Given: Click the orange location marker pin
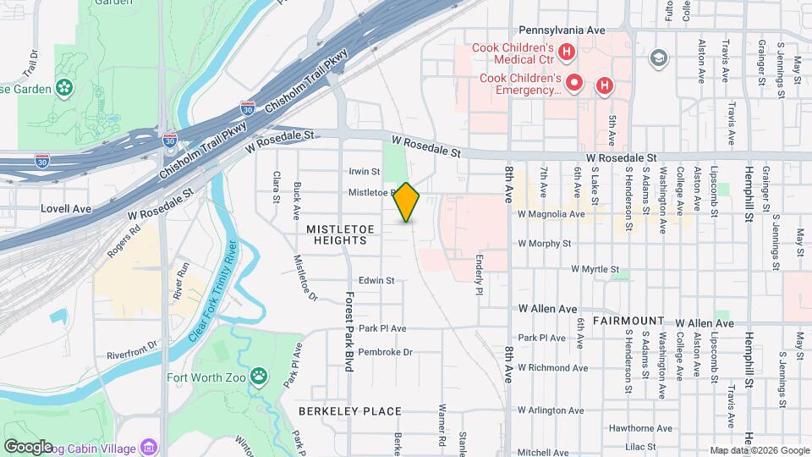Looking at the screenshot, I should pos(407,202).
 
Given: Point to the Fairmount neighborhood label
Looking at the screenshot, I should pos(628,322).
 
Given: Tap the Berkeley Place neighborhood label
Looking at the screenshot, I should pos(349,411).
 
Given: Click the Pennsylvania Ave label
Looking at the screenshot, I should pos(562,30).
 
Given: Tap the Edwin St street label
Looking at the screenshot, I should pos(377,280).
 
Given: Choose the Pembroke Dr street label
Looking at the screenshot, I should pos(385,352).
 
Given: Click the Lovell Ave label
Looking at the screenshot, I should pos(65,207).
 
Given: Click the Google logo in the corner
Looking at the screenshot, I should pos(28,446).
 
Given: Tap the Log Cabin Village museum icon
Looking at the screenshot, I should pos(149,446).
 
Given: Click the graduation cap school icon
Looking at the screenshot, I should pos(659,58).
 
